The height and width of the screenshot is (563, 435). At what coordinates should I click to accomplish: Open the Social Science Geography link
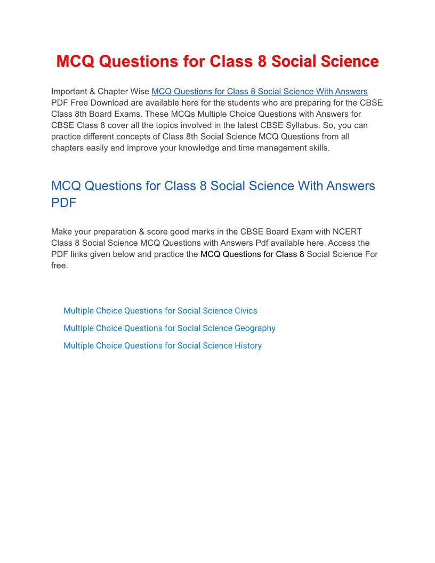click(x=169, y=328)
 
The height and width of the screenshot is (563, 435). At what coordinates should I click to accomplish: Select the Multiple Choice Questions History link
click(x=162, y=346)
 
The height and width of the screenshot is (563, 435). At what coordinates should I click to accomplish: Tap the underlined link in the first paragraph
click(x=260, y=92)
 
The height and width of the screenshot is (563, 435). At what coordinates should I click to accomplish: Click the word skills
click(x=318, y=148)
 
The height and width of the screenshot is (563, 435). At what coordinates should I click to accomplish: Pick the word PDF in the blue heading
click(x=63, y=203)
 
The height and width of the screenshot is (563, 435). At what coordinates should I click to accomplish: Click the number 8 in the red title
click(x=262, y=61)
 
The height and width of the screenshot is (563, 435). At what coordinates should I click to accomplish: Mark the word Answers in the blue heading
click(x=344, y=186)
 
